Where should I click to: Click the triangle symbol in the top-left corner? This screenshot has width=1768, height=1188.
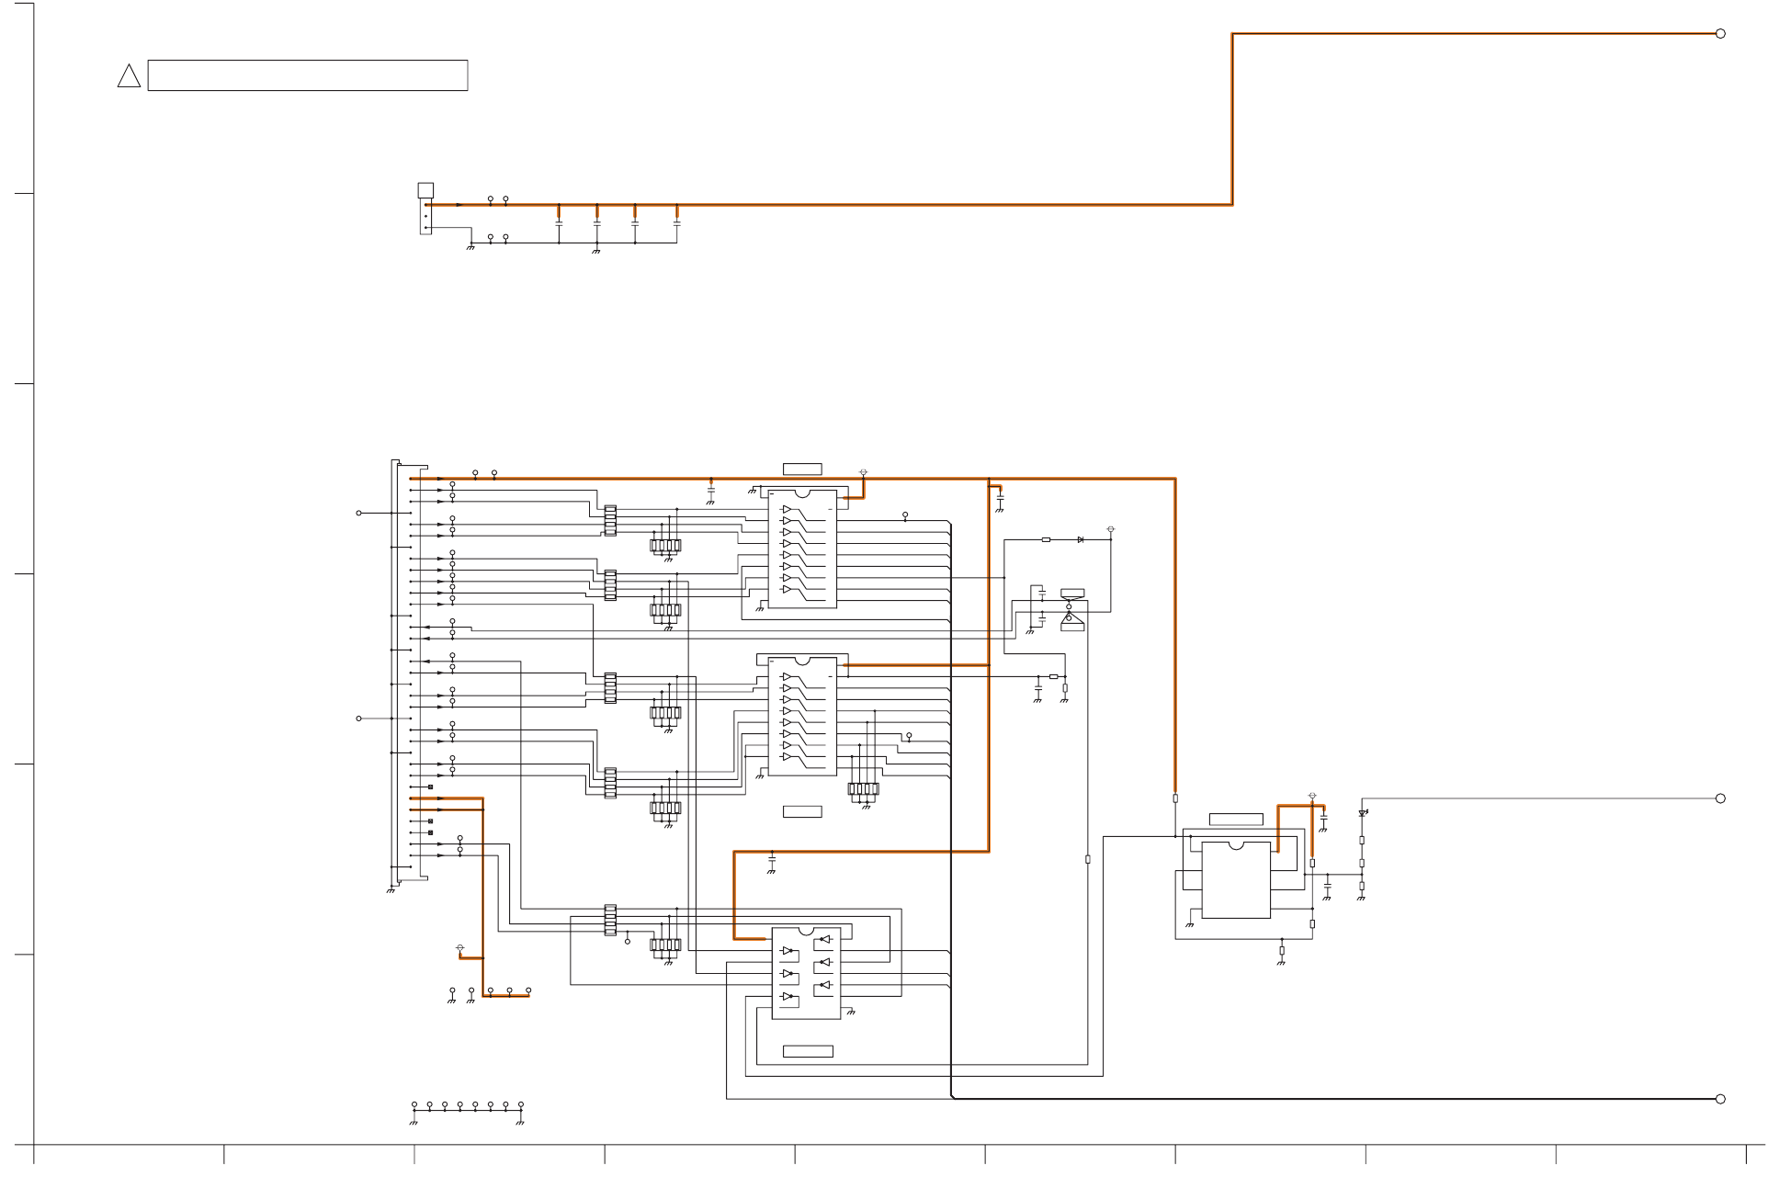pos(129,76)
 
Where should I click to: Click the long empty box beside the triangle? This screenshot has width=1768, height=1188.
pos(307,75)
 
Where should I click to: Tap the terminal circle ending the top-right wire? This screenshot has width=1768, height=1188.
pos(1720,34)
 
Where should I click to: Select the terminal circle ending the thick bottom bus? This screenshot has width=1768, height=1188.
pos(1720,1099)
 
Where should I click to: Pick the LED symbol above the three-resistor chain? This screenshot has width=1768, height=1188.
pos(1362,813)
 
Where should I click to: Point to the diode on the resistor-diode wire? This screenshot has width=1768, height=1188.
pos(1080,540)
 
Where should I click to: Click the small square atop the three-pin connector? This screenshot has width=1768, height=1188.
pos(425,190)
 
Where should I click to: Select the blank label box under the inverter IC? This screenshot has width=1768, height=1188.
pos(808,1051)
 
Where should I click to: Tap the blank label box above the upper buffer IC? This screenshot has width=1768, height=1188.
pos(802,470)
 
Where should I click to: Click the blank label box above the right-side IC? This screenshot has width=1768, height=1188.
pos(1235,819)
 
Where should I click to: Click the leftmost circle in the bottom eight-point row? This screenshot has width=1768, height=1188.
pos(414,1105)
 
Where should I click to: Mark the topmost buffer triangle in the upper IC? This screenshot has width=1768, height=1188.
pos(787,510)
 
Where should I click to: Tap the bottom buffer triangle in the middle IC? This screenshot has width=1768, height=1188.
pos(787,757)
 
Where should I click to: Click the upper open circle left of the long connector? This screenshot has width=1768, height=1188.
pos(358,513)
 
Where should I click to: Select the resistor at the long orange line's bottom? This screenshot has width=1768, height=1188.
pos(1175,798)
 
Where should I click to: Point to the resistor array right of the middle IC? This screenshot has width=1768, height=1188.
pos(863,788)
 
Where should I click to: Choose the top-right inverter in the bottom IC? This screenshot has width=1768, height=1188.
pos(824,939)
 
